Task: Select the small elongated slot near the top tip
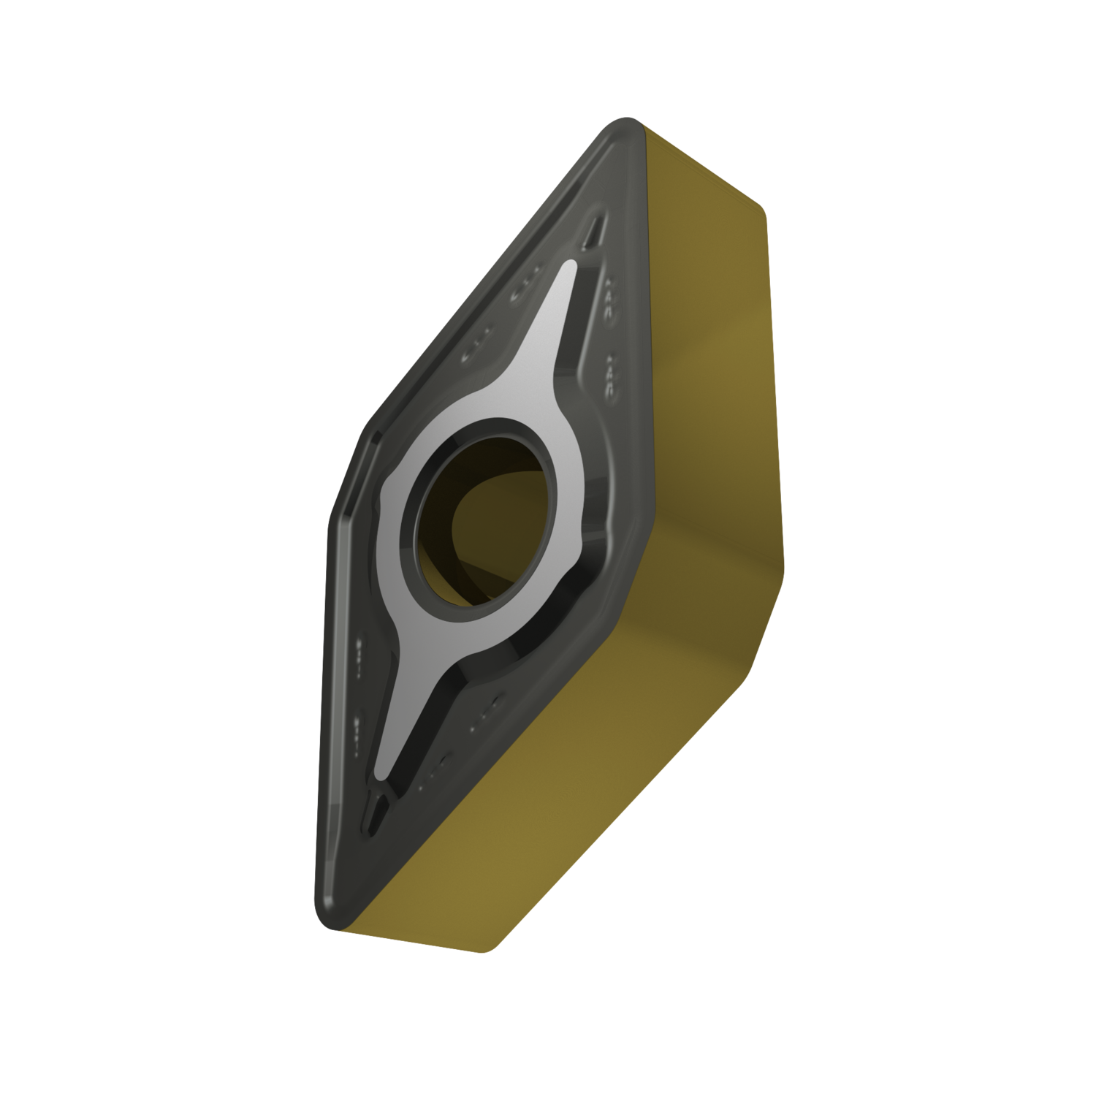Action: (x=593, y=232)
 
